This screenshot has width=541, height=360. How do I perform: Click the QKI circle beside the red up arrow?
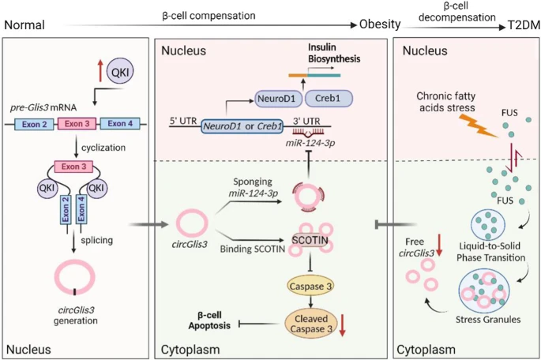tap(120, 71)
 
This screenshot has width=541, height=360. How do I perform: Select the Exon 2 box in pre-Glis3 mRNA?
tap(34, 124)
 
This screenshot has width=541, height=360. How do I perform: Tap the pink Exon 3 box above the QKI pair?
tap(73, 167)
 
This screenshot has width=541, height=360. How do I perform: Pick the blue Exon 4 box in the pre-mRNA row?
tap(120, 123)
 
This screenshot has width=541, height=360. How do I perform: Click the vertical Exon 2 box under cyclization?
tap(66, 209)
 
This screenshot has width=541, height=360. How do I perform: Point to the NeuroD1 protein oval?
tap(276, 99)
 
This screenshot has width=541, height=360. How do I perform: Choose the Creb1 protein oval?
tap(328, 98)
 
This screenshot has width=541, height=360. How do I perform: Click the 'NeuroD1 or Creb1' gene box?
tap(242, 126)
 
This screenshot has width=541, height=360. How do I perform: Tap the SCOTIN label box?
tap(310, 240)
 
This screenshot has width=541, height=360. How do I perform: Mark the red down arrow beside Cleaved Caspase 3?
tap(342, 324)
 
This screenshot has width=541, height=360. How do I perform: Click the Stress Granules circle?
tap(484, 289)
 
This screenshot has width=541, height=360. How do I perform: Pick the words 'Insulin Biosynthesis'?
tap(334, 53)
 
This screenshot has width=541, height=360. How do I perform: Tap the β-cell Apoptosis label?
tap(209, 321)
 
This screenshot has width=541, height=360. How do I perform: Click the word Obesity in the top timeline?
tap(380, 24)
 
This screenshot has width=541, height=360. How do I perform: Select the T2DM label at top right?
tap(524, 25)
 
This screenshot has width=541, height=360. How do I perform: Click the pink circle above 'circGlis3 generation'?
tap(74, 276)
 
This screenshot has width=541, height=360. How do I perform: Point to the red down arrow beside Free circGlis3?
tap(439, 245)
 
